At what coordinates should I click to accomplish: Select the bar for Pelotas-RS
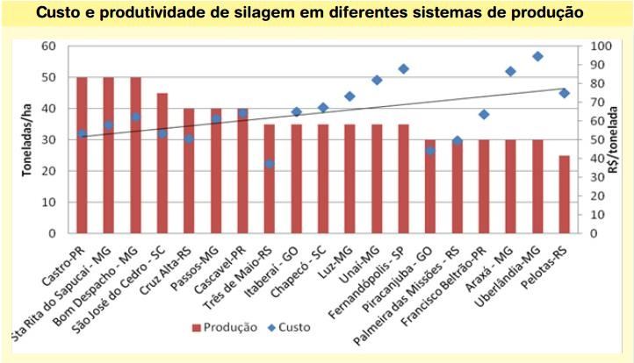(564, 195)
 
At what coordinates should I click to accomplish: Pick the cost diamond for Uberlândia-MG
(537, 56)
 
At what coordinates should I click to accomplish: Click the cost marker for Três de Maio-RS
(269, 164)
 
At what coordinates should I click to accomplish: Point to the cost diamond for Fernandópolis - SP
(403, 68)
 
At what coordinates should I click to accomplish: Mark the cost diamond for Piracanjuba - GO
(429, 150)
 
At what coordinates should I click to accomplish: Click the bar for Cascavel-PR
(242, 171)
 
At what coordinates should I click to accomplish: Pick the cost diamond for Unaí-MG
(377, 80)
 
